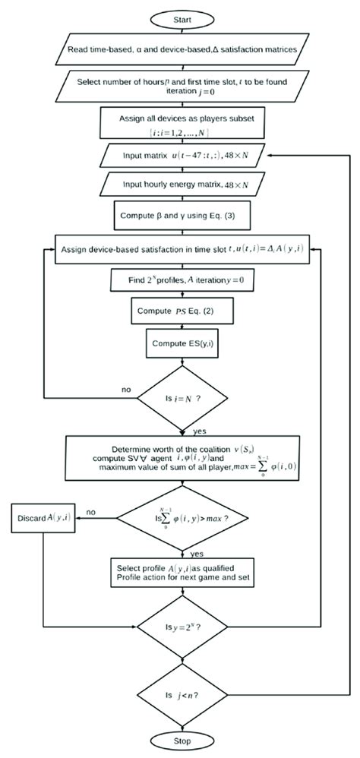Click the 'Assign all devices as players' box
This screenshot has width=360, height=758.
click(x=180, y=125)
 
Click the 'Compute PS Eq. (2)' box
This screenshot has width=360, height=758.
click(x=180, y=311)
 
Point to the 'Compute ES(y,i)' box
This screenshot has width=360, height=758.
click(x=180, y=343)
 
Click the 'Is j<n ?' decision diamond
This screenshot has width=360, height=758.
click(x=180, y=695)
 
